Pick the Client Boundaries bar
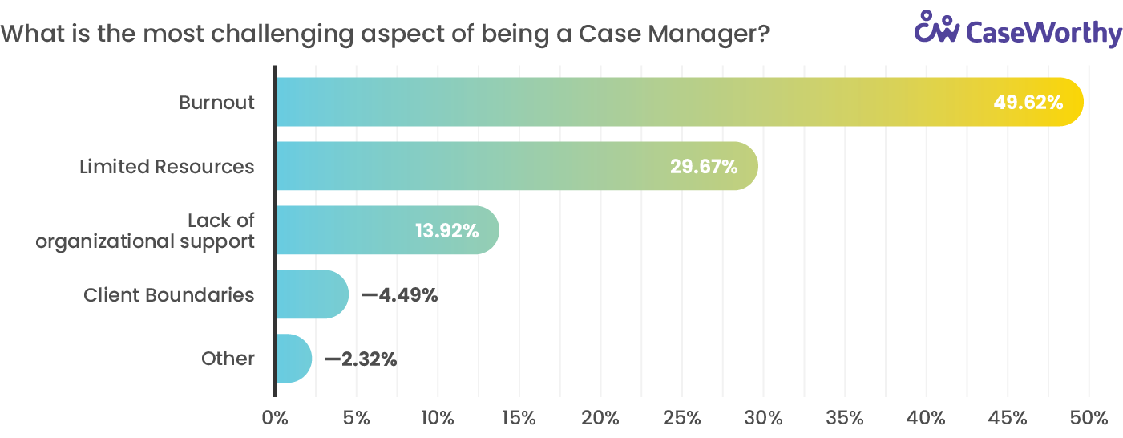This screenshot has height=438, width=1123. click(311, 294)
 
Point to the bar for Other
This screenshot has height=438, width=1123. click(293, 359)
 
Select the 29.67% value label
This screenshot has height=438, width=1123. click(703, 167)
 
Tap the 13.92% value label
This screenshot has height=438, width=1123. click(446, 231)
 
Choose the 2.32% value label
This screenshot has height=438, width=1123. click(368, 359)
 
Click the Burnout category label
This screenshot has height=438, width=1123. click(216, 103)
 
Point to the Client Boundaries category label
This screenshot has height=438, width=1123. click(169, 295)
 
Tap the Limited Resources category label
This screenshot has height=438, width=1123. click(167, 167)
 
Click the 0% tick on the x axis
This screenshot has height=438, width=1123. click(275, 418)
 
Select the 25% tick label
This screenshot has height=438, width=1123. click(682, 418)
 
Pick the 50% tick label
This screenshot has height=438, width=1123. click(1089, 418)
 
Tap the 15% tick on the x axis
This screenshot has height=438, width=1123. click(519, 418)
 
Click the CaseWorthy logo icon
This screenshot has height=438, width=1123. click(937, 27)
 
